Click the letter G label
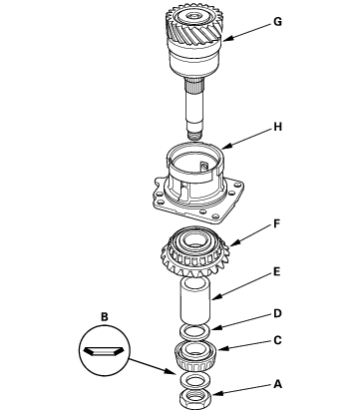coord(277,22)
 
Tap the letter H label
coord(277,127)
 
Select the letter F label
coord(277,224)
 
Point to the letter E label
coord(276,272)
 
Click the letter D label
coord(277,313)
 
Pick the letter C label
coord(277,340)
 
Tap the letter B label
coord(105,317)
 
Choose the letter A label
coord(277,384)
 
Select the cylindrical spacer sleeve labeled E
coord(195,301)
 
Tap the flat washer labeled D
coord(195,331)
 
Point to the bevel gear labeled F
coord(194,252)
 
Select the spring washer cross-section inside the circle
coord(104,351)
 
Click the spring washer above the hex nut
coord(195,380)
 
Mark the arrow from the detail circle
coord(153,366)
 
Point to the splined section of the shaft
coord(194,87)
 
